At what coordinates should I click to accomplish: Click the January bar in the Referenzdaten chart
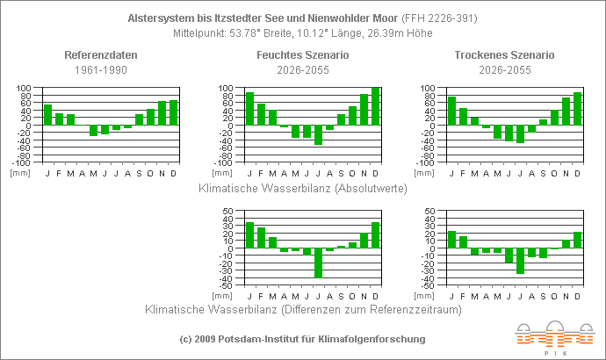tap(47, 115)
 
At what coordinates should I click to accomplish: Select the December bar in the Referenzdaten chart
tap(173, 112)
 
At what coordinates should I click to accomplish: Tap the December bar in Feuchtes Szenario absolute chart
tap(375, 106)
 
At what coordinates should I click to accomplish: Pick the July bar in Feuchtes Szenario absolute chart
tap(318, 134)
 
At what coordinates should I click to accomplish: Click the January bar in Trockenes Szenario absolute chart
tap(451, 111)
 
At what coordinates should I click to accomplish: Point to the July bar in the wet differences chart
tap(318, 263)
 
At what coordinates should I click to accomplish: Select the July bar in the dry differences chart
tap(520, 261)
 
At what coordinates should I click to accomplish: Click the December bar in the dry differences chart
tap(577, 240)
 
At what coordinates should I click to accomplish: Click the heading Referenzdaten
tap(101, 55)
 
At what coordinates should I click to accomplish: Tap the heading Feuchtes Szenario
tap(303, 55)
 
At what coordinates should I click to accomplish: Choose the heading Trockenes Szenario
tap(504, 55)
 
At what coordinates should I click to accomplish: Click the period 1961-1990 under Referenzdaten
tap(101, 68)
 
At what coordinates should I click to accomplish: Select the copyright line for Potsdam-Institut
tap(302, 339)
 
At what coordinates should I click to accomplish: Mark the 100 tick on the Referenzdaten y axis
tap(24, 89)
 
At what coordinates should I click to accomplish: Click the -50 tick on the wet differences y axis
tap(225, 286)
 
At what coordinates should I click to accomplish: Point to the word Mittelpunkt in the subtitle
tap(202, 33)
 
